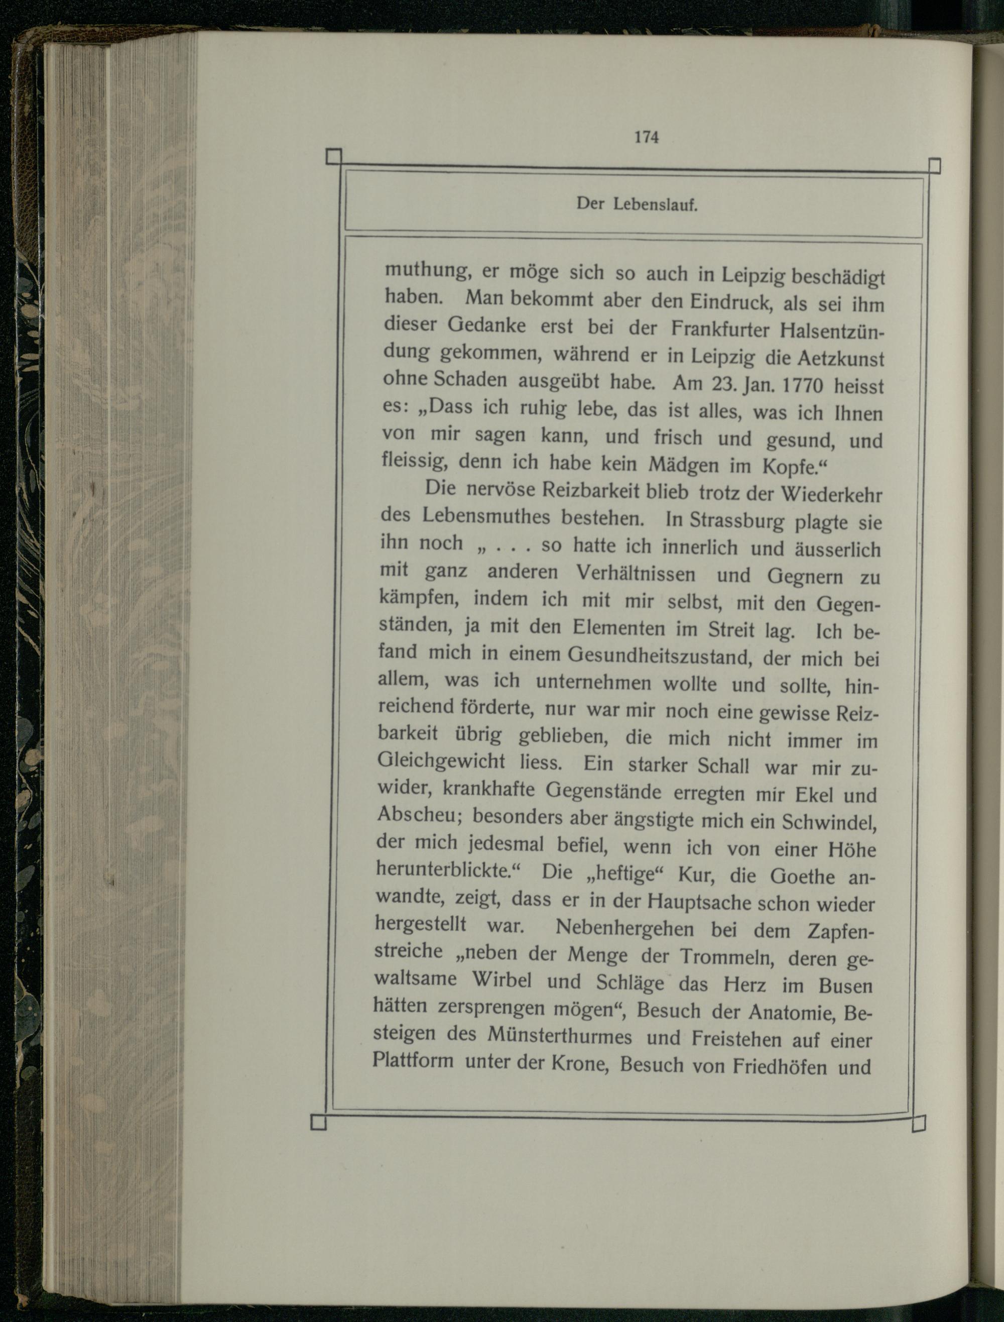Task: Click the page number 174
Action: point(646,137)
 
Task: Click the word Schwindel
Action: point(831,822)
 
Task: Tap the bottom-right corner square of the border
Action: point(919,1124)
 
